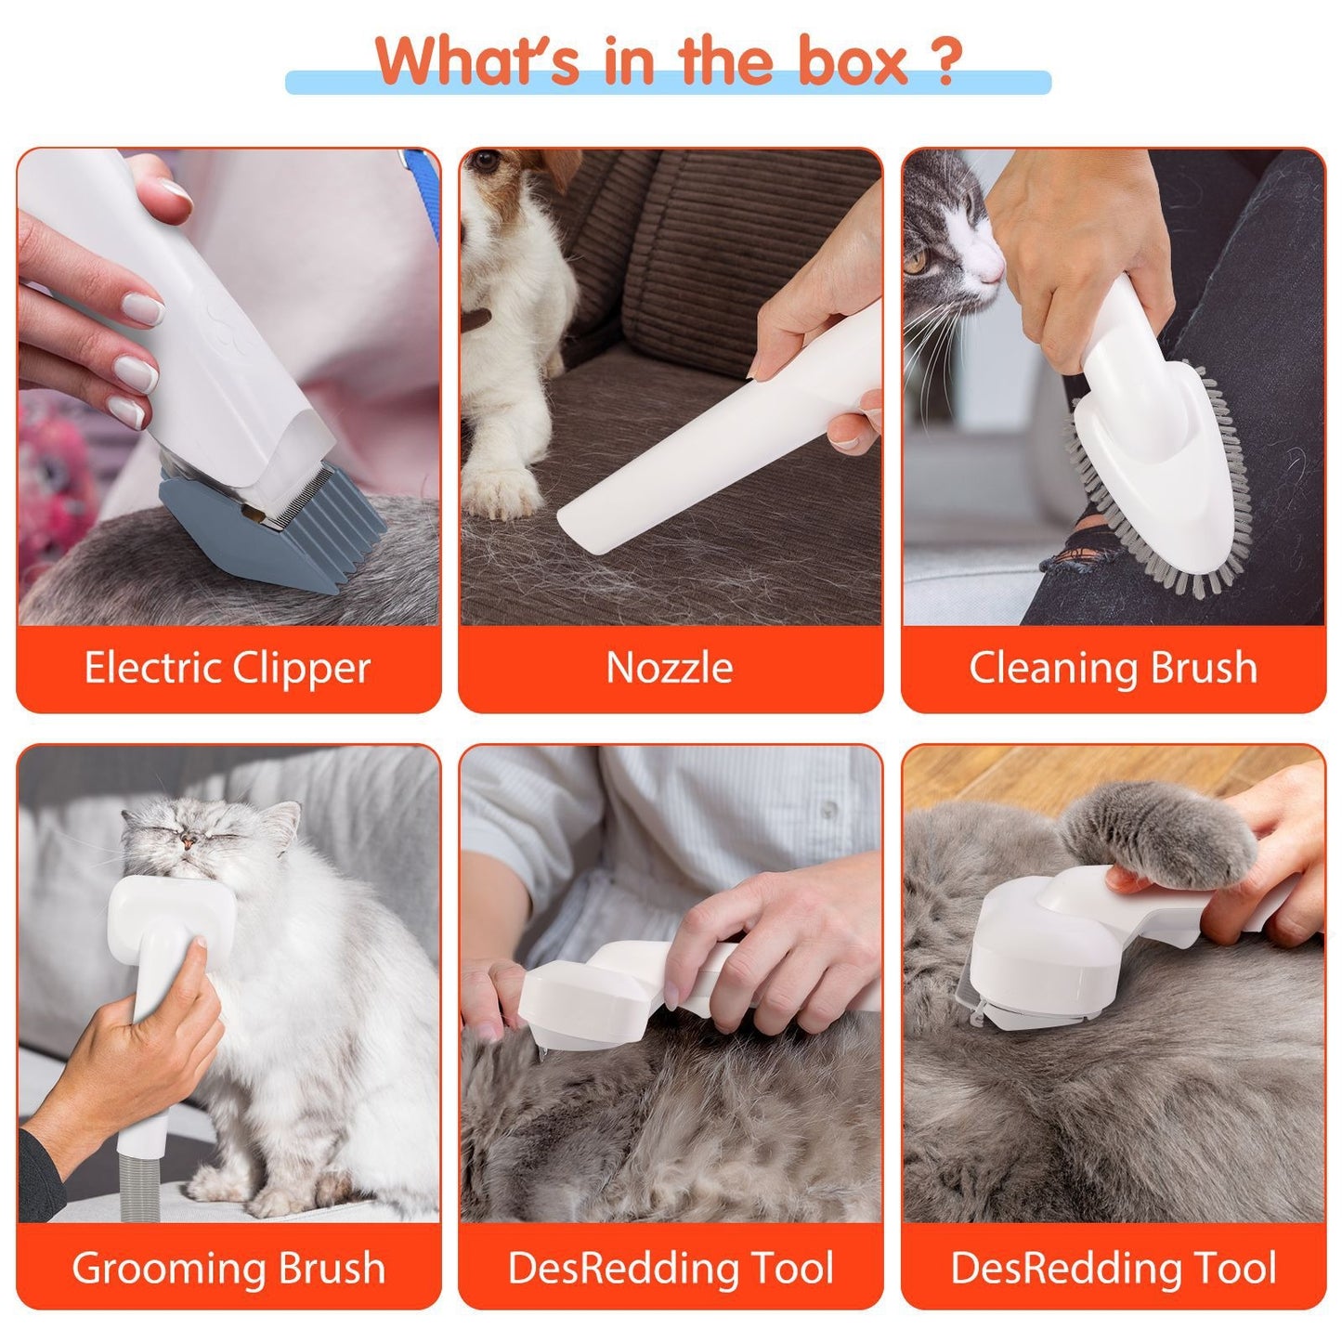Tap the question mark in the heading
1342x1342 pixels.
(x=945, y=62)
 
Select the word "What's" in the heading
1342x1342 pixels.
(x=478, y=62)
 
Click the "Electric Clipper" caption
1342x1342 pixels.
(x=228, y=668)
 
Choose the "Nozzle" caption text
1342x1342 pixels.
(x=670, y=668)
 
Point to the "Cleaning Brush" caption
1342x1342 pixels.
(x=1113, y=668)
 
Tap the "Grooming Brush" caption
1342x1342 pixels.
(x=228, y=1268)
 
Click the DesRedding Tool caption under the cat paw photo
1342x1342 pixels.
(x=1113, y=1268)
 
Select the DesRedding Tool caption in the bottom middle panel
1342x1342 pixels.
(x=670, y=1268)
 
